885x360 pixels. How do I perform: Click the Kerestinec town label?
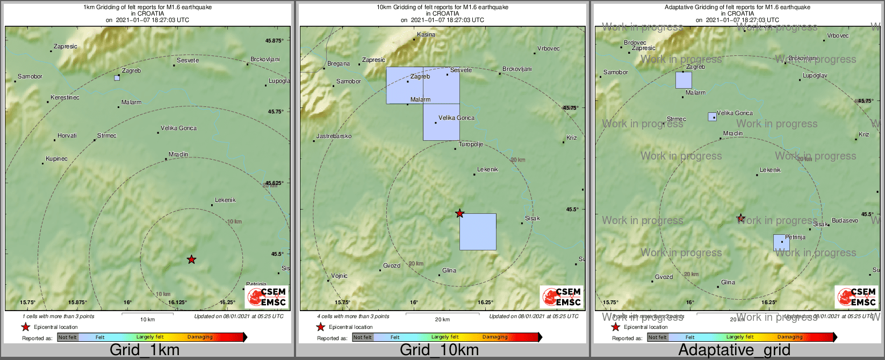click(x=65, y=98)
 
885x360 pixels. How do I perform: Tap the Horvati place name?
click(x=67, y=136)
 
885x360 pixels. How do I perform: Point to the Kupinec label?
click(x=56, y=159)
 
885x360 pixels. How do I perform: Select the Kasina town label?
click(x=426, y=35)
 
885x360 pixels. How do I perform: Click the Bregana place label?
click(x=339, y=64)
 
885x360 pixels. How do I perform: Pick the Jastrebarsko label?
click(x=334, y=136)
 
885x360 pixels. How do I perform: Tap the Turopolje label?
click(x=471, y=145)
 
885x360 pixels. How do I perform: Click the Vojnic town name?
click(x=339, y=276)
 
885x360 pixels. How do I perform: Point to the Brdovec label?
click(x=635, y=43)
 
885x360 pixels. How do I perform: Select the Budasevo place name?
click(x=845, y=221)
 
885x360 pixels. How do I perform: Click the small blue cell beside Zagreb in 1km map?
click(x=117, y=78)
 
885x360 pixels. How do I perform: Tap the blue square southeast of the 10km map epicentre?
click(x=478, y=232)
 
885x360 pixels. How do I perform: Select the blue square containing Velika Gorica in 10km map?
click(x=441, y=122)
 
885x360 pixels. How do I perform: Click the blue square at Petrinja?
click(x=781, y=243)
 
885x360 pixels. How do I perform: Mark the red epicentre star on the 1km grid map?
click(x=191, y=260)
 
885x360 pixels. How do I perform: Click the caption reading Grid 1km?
click(x=145, y=350)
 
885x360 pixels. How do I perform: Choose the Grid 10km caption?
click(x=439, y=350)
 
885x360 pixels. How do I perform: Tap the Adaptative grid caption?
click(x=734, y=350)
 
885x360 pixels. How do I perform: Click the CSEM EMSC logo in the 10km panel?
click(x=562, y=297)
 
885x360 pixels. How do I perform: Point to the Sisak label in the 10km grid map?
click(x=533, y=219)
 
